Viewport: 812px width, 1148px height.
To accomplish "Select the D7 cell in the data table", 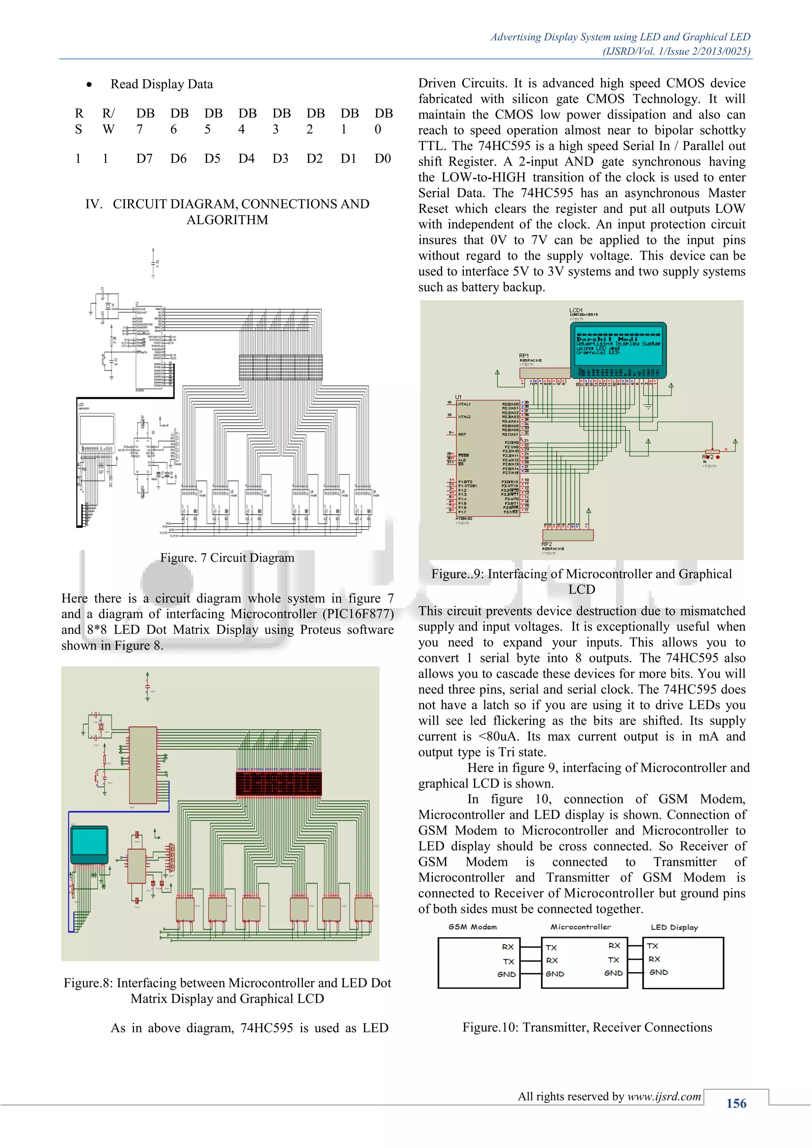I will click(144, 159).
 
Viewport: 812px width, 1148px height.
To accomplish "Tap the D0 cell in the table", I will click(383, 159).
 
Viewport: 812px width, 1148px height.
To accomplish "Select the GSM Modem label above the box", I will click(473, 926).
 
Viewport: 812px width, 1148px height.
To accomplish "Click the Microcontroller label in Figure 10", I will click(580, 926).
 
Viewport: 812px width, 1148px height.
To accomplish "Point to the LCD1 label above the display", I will click(576, 310).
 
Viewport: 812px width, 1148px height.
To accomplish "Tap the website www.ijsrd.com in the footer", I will click(664, 1096).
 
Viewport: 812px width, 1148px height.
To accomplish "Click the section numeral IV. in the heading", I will click(94, 204).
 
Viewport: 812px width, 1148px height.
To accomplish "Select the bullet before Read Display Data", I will click(89, 84).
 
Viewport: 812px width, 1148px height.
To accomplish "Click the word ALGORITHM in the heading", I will click(227, 220).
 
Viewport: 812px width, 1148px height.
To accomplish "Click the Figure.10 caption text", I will click(587, 1027).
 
